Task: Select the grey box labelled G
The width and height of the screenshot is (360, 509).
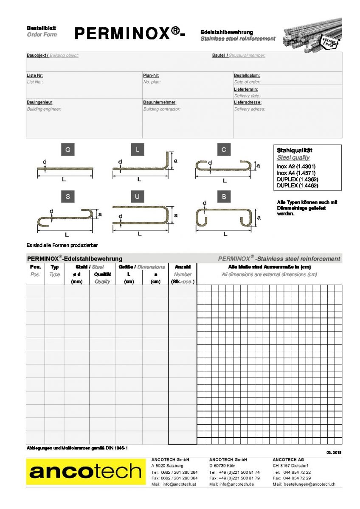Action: (67, 150)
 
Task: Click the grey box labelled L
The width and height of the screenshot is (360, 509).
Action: (138, 150)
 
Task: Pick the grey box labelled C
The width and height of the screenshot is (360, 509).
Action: (223, 150)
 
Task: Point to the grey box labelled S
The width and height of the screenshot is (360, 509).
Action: (67, 196)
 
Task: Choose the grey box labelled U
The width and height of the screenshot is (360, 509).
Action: (138, 196)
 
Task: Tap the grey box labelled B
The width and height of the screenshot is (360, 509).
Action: (223, 196)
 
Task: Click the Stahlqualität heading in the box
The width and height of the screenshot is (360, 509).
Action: (294, 150)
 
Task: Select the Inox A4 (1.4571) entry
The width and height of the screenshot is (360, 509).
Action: (296, 173)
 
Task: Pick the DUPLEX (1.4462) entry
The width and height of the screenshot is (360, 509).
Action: (297, 185)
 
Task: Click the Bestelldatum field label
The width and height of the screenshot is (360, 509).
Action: (247, 75)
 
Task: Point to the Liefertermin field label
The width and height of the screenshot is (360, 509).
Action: (246, 89)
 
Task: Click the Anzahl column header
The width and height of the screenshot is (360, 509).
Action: (182, 267)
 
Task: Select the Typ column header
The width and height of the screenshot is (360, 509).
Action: (54, 267)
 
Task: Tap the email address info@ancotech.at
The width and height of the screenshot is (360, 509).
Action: (179, 484)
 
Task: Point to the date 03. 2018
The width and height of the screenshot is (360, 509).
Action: (334, 453)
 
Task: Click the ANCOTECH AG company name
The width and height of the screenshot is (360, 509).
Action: (288, 460)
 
